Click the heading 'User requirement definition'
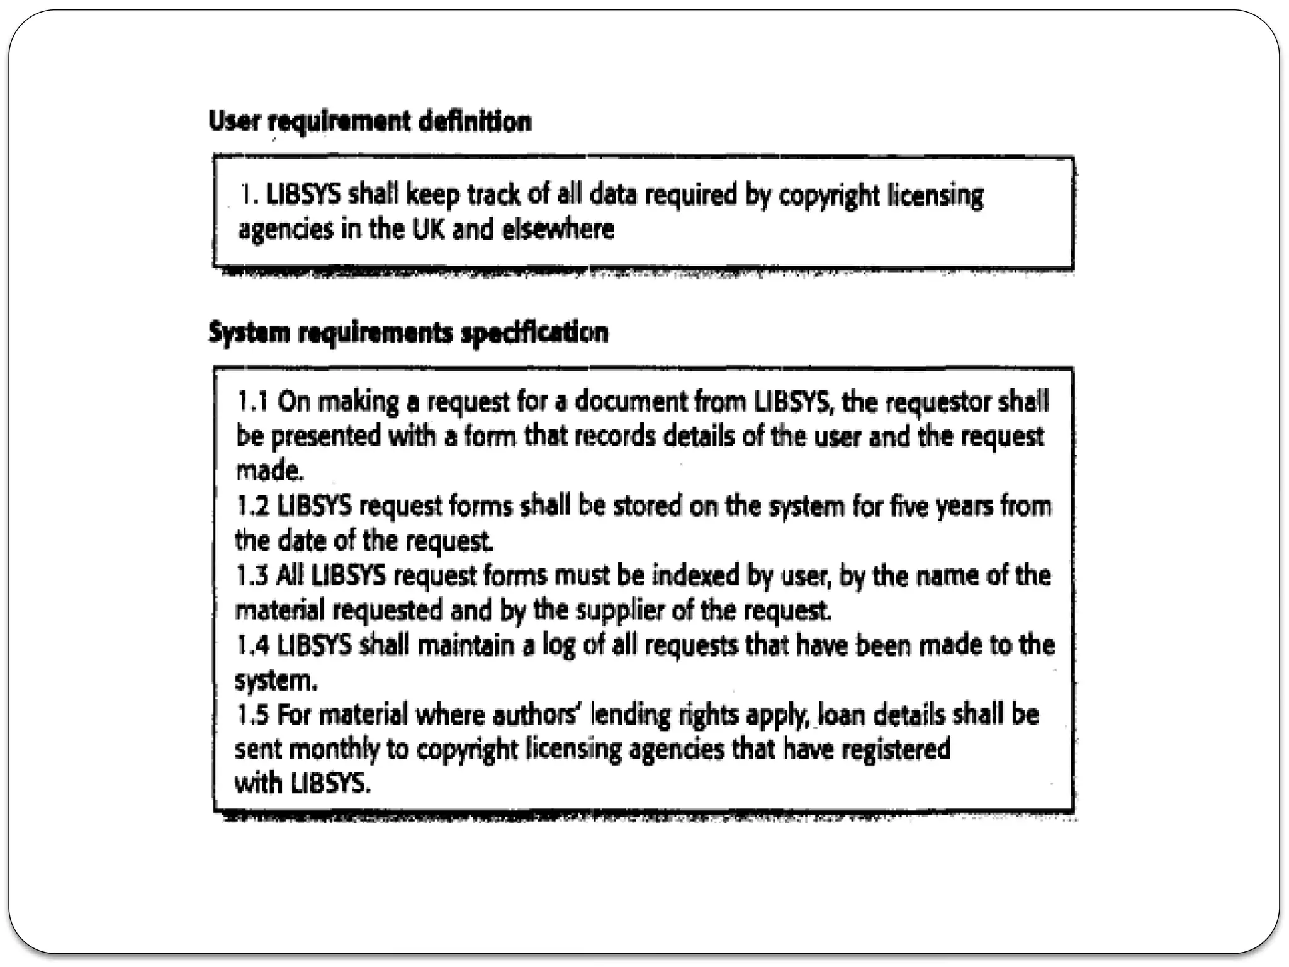click(369, 121)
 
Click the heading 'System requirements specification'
click(408, 332)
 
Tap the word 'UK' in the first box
click(428, 229)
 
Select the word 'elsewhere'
click(558, 229)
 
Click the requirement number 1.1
click(252, 401)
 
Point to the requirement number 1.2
click(252, 506)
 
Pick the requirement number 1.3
click(252, 575)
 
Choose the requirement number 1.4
click(252, 645)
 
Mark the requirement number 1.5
click(252, 715)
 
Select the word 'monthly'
click(334, 750)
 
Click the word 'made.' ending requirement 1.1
click(269, 471)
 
